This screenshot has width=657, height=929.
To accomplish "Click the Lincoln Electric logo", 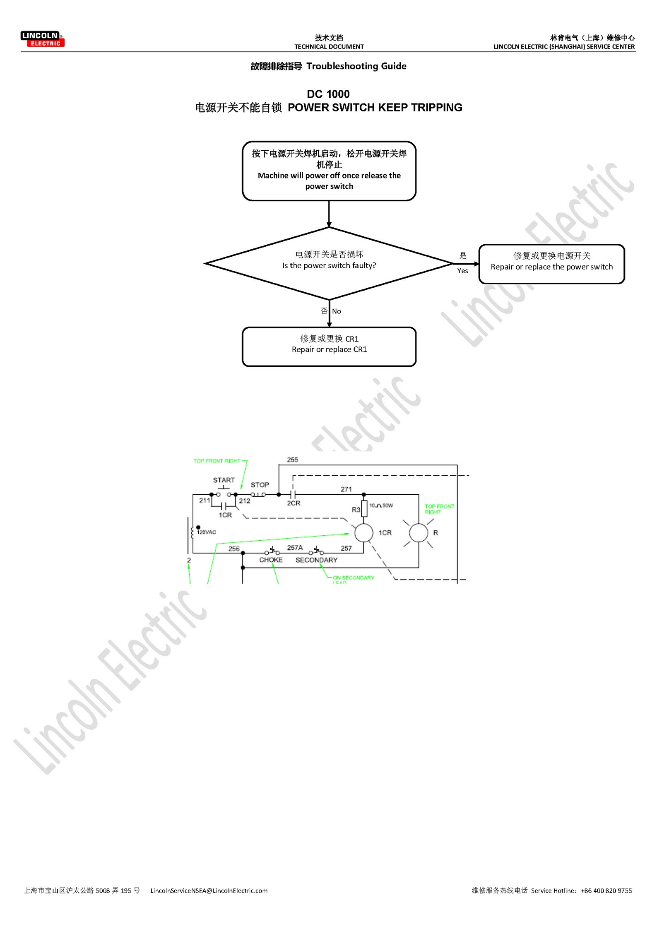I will click(42, 39).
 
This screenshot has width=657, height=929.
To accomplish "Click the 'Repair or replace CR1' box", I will click(329, 347).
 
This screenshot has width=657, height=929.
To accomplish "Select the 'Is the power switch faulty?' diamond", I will click(329, 263).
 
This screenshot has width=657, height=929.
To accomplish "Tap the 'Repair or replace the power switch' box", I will click(551, 264).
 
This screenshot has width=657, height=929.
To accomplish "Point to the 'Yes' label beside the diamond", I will click(462, 271).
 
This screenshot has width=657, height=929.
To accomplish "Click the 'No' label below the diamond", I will click(336, 311).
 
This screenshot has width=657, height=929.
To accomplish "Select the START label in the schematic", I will click(224, 480).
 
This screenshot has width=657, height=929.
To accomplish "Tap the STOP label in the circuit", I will click(260, 485).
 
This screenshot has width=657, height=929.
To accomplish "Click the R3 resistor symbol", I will click(364, 508).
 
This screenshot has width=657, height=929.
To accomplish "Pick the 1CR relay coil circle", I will click(364, 532).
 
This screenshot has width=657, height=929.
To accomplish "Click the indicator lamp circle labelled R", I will click(419, 533).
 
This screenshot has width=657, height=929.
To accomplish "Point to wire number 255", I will click(292, 460).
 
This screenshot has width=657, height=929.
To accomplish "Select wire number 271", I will click(346, 489).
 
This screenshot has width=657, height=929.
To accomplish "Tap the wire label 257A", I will click(295, 548).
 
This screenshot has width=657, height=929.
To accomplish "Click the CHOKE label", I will click(271, 560).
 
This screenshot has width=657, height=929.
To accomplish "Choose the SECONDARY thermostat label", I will click(316, 560).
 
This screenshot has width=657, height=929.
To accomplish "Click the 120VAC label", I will click(206, 532).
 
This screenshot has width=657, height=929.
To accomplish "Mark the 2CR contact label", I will click(294, 503).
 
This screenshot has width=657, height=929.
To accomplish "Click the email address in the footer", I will click(209, 890).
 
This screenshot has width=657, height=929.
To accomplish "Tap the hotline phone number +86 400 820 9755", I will click(606, 890).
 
